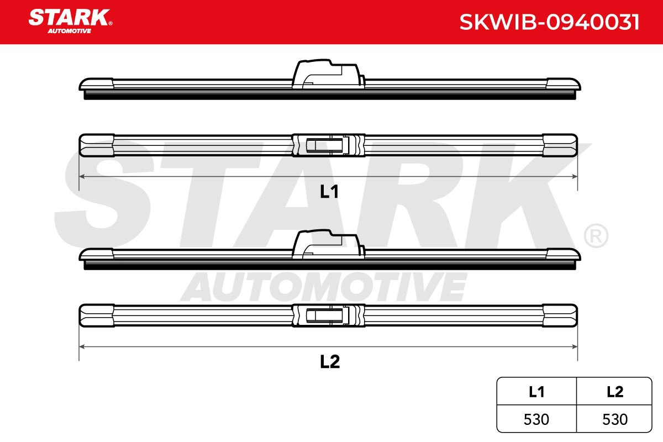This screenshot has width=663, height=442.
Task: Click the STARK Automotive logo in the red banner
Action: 71,21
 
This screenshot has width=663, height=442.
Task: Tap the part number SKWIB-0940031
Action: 549,22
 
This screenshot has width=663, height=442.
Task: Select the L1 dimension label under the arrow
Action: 329,192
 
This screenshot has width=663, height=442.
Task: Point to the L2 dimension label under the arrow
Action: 330,361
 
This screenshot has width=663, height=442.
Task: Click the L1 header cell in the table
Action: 536,392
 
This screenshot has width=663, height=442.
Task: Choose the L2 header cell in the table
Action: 615,392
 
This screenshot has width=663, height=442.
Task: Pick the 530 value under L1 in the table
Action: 536,419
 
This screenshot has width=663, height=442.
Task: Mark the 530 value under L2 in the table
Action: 615,419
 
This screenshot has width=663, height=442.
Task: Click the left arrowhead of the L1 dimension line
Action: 82,176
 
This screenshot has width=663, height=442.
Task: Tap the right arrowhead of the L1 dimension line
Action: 575,176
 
